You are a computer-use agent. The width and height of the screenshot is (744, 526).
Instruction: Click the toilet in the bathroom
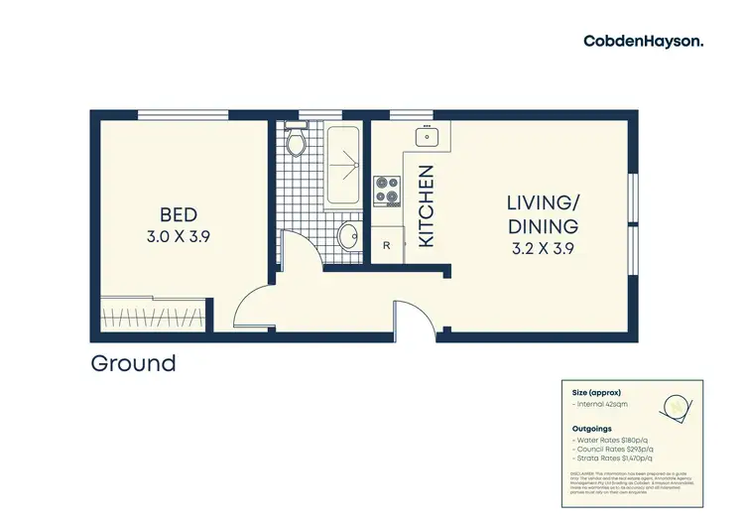click(295, 144)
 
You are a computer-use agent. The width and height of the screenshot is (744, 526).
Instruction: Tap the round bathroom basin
click(348, 236)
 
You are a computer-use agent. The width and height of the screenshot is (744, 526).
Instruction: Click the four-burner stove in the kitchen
click(386, 189)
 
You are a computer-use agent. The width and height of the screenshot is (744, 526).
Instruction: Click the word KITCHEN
click(427, 205)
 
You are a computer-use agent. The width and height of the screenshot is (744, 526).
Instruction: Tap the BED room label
click(179, 214)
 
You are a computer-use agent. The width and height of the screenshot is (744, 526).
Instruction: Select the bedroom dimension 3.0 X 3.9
click(179, 237)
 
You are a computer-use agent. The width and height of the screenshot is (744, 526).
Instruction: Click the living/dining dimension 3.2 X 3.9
click(544, 248)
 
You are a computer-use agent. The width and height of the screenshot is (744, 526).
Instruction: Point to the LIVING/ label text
click(544, 203)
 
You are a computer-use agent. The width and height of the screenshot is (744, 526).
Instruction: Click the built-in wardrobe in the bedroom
click(154, 319)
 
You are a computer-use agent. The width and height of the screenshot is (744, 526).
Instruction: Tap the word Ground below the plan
click(133, 363)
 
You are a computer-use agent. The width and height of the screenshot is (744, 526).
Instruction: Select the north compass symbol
click(678, 404)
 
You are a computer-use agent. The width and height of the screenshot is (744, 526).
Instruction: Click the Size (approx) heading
click(594, 391)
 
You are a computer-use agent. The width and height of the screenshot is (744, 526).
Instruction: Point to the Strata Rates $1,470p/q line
click(612, 458)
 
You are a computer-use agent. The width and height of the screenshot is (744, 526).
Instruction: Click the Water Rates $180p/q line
click(610, 440)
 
